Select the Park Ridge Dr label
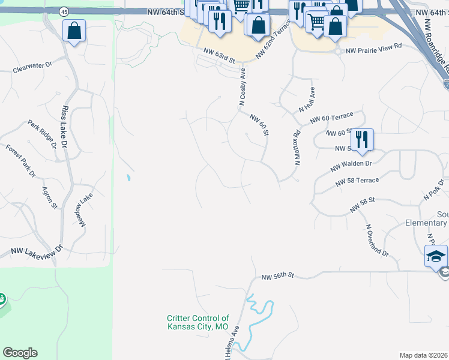click(42, 133)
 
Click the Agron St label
click(49, 198)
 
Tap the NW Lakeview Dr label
click(37, 251)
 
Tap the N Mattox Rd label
click(297, 148)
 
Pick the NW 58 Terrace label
click(357, 181)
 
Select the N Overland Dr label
click(377, 241)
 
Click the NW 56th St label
click(278, 277)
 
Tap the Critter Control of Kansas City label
click(197, 322)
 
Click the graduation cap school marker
click(436, 256)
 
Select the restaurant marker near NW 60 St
click(362, 139)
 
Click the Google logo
click(20, 353)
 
